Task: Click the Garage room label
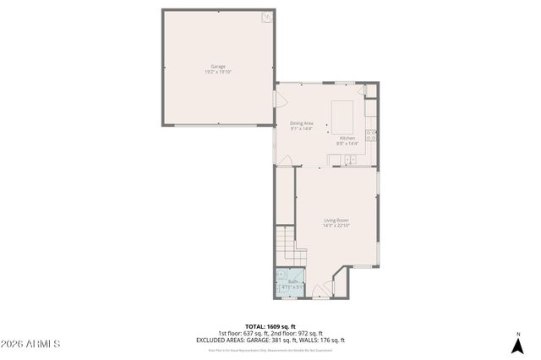217,66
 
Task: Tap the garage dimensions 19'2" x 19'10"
217,72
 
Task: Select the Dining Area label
302,123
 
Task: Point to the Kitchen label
347,138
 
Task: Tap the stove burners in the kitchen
371,134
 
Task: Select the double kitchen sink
349,158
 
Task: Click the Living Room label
336,221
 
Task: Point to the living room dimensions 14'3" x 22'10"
336,226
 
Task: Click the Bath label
292,282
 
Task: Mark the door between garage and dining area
275,100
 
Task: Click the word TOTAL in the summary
254,326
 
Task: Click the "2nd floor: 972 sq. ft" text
298,333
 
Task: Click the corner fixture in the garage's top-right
267,16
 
